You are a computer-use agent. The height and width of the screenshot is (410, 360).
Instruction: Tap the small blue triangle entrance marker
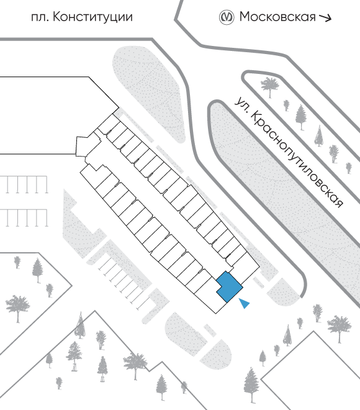(245, 303)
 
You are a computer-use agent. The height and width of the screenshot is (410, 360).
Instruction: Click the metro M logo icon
(226, 17)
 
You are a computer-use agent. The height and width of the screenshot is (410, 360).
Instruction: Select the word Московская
(277, 17)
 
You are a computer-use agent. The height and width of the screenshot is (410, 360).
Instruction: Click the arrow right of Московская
(325, 18)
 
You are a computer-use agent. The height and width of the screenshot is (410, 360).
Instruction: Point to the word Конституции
(92, 17)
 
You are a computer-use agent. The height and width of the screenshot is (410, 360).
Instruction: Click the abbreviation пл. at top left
(40, 18)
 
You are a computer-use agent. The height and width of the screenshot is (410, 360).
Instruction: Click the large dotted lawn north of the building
(149, 94)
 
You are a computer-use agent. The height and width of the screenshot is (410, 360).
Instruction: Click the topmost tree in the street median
(270, 86)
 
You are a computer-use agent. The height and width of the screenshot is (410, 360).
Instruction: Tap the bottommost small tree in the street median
(349, 168)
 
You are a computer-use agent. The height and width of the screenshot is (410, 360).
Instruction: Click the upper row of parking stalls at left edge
(24, 184)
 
